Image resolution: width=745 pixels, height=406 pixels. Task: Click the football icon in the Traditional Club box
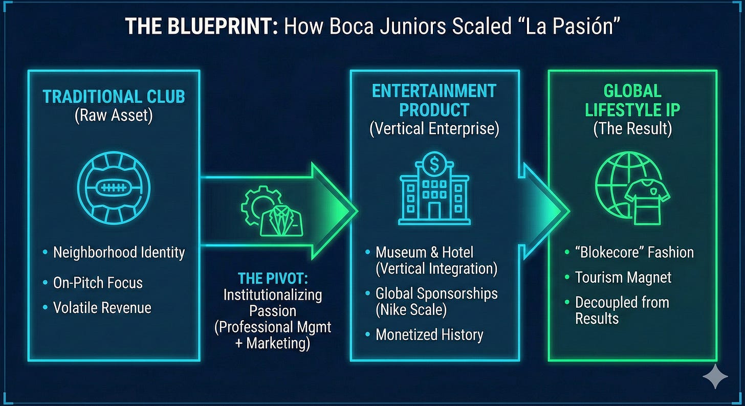point(114,188)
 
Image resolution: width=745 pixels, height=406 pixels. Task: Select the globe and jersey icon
point(632,190)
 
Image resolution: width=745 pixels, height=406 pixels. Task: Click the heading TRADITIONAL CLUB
point(113,97)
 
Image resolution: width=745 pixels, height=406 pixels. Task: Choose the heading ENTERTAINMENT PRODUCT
point(434,100)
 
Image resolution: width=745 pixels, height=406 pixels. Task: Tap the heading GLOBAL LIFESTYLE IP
point(632,100)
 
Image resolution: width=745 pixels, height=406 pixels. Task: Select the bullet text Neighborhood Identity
point(119,252)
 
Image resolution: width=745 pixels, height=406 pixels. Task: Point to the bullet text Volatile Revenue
point(102,308)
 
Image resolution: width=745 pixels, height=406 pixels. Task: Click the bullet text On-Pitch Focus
point(98,282)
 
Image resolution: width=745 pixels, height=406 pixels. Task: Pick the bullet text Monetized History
point(429,334)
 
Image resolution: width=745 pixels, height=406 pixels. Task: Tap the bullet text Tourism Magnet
point(623,277)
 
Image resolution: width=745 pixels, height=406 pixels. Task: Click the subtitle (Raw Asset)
point(113,116)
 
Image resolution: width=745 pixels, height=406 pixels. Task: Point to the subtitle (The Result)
point(632,128)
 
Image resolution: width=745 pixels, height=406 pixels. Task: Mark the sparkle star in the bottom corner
point(715,378)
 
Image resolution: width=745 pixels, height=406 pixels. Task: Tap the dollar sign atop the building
point(434,165)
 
